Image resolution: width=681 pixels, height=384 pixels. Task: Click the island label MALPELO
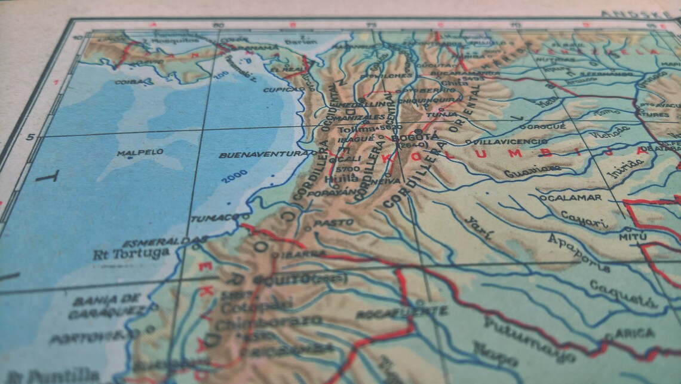[140, 153]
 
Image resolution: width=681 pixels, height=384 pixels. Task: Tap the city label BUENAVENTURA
[265, 155]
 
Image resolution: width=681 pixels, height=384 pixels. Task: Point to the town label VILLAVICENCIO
[509, 142]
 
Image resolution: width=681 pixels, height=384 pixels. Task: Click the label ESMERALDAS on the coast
[165, 242]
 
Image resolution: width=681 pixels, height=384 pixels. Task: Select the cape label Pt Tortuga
[131, 253]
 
